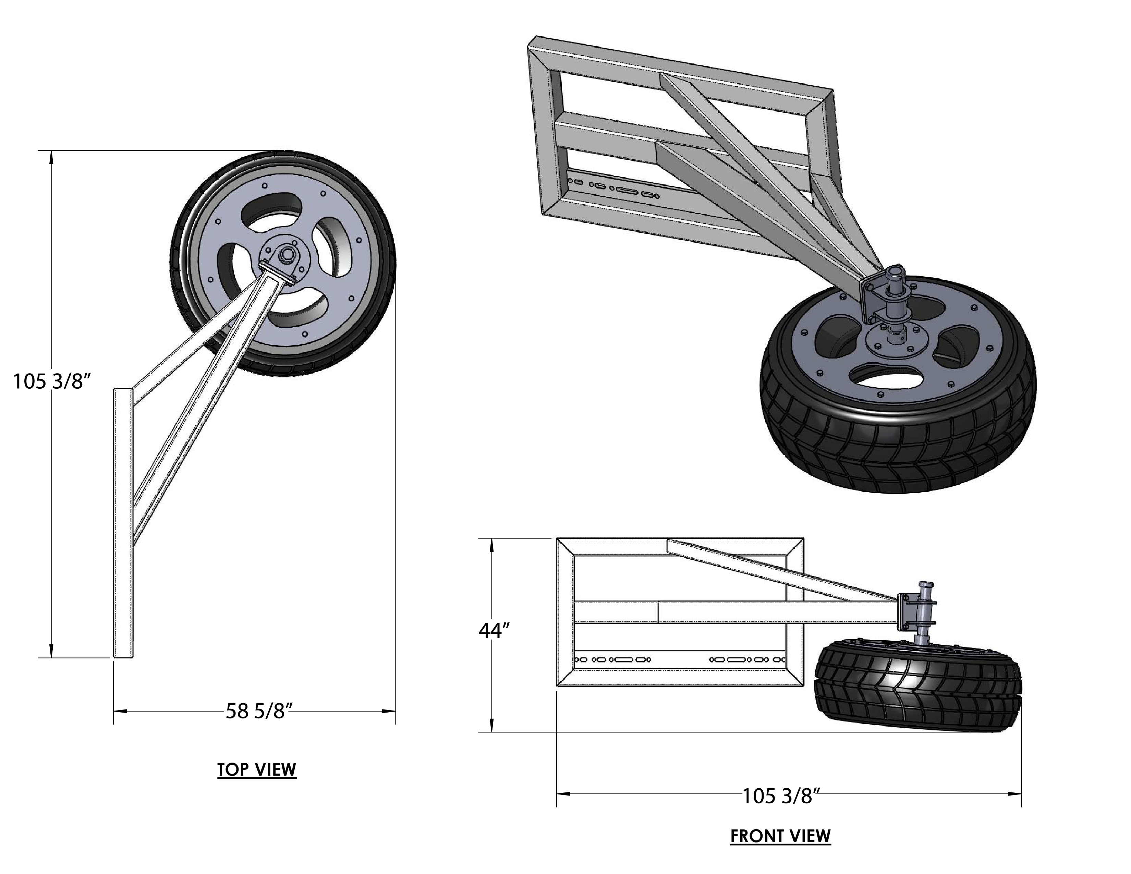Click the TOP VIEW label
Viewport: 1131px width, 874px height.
click(x=256, y=769)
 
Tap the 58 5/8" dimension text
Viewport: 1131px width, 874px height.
click(x=256, y=712)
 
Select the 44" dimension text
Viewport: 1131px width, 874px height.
click(x=494, y=631)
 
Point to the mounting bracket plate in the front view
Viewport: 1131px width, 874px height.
click(x=904, y=612)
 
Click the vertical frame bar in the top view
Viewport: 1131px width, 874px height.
click(x=123, y=523)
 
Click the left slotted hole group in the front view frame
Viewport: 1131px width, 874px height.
click(x=613, y=660)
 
